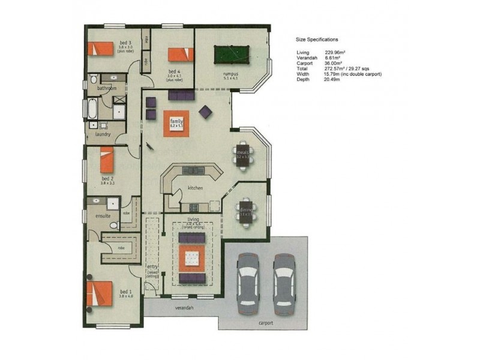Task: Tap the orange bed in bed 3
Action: (x=101, y=47)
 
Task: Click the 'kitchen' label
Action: (x=195, y=188)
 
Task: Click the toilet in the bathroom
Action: (x=94, y=80)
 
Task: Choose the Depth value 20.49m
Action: (x=334, y=80)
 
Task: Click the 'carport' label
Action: (x=266, y=323)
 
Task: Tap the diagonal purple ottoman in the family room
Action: (x=205, y=112)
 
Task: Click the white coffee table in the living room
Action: (x=193, y=259)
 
